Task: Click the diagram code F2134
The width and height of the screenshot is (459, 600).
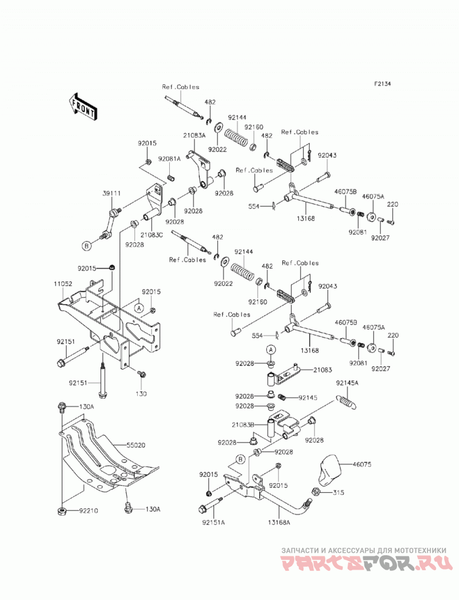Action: tap(382, 84)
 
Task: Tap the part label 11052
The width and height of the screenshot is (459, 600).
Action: tap(63, 284)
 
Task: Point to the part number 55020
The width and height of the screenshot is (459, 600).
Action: tap(136, 445)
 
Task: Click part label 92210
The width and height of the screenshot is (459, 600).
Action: tap(88, 511)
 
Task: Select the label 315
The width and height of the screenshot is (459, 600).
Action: tap(339, 492)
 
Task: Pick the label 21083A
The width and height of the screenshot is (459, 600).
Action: tap(195, 135)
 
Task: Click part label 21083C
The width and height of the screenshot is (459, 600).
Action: tap(151, 235)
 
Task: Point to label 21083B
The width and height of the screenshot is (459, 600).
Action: tap(243, 425)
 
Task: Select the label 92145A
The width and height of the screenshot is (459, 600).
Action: tap(347, 383)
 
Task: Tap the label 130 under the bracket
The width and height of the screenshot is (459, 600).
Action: tap(141, 393)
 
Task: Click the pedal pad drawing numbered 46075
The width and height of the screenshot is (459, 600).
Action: tap(329, 470)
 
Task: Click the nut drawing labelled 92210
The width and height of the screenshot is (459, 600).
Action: tap(61, 511)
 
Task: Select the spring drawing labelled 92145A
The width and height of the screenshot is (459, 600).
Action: tap(348, 401)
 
